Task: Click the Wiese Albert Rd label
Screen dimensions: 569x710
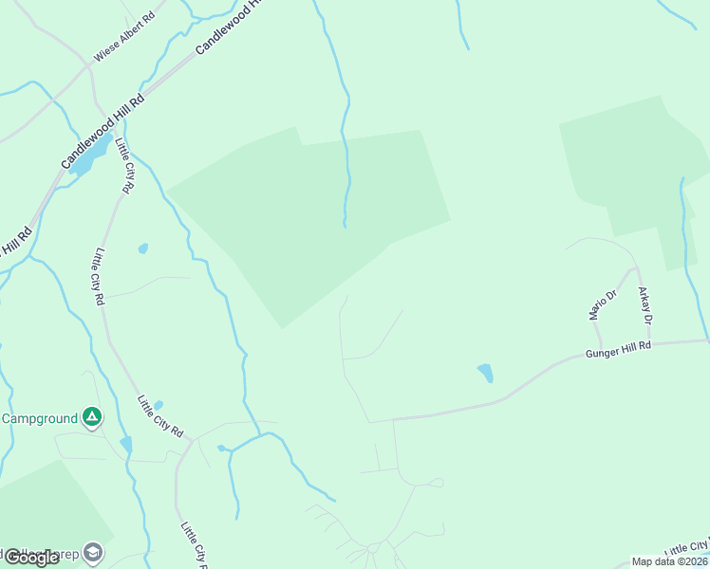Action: (x=124, y=37)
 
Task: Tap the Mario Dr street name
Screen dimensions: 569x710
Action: (x=604, y=304)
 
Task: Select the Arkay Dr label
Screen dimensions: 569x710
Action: (x=645, y=306)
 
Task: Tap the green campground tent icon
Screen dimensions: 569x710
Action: (x=91, y=416)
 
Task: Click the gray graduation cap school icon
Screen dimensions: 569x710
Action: (x=93, y=552)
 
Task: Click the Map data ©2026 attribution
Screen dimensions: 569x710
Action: (x=669, y=561)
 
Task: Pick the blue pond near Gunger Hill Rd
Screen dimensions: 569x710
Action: (x=485, y=373)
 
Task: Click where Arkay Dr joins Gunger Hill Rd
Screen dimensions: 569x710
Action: (x=652, y=343)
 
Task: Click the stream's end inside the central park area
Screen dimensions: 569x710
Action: (x=345, y=226)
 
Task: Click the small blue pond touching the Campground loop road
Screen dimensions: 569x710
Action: (x=126, y=445)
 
